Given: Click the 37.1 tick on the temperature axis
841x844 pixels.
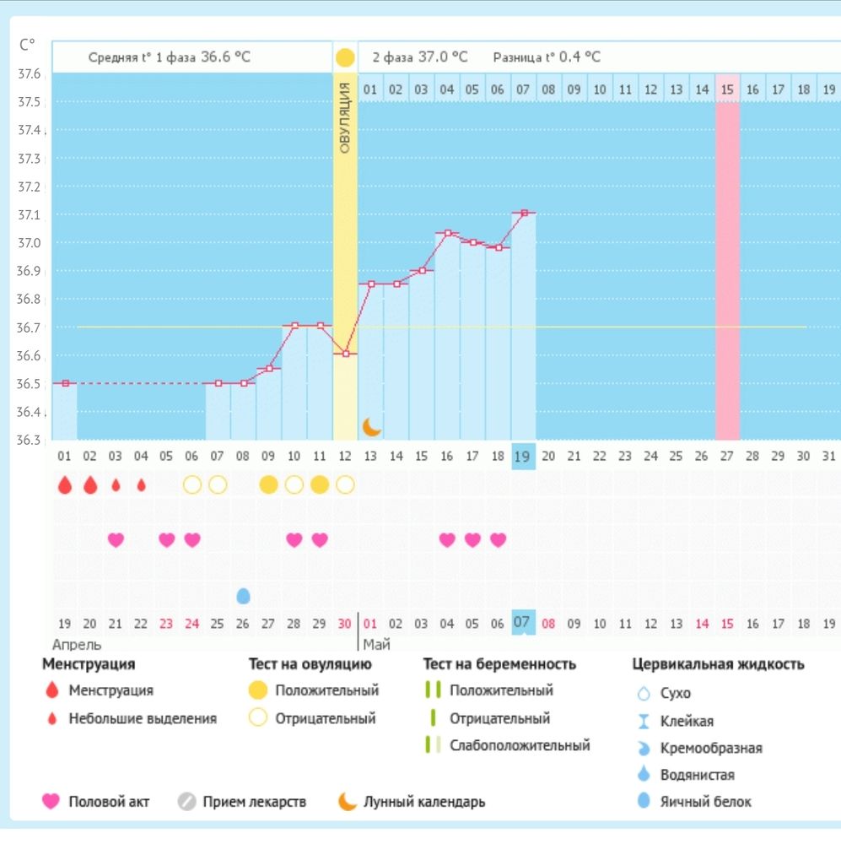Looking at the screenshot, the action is pos(29,214).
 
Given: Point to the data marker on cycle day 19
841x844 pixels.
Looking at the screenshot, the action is pos(524,214).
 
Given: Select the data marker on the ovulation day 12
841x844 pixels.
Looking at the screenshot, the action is pos(346,354).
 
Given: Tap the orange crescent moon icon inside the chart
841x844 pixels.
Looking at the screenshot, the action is pos(371,427).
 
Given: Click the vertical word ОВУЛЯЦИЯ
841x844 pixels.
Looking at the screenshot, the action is pos(346,118).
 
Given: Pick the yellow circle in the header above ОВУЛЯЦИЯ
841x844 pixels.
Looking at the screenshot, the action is pos(345,57).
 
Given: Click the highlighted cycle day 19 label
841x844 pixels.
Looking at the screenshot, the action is pos(522,457).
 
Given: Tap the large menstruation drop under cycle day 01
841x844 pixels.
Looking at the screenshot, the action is pos(65,485).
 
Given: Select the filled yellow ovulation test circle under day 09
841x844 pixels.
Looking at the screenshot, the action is pos(268,485).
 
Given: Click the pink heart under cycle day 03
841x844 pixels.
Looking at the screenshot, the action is pos(116,539).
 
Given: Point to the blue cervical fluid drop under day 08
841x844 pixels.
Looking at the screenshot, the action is pos(243,595).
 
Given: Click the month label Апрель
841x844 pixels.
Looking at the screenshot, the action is pos(77,644).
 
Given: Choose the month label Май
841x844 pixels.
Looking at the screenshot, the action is pos(377,644).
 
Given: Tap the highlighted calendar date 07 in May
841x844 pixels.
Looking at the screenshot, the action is pos(522,623).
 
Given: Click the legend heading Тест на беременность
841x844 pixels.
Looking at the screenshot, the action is pos(499,664).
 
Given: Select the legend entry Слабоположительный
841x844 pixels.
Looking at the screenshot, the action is pos(520,745).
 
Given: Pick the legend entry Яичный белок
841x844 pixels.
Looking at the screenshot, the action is pos(705,802).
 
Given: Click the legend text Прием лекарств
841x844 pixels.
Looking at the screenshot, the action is pos(255,802).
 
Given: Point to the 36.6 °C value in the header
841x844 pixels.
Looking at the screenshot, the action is pos(225,57).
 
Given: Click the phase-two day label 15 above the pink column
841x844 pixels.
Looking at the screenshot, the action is pos(727,89).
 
